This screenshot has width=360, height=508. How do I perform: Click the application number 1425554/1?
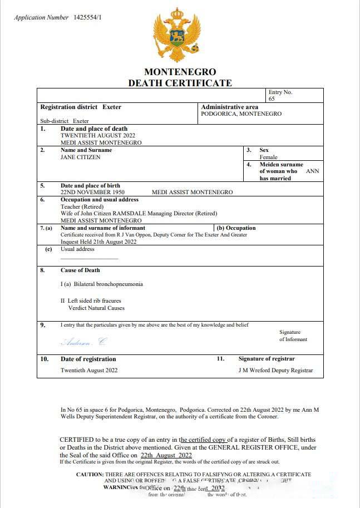click(x=88, y=18)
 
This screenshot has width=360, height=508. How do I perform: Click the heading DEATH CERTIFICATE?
click(x=180, y=83)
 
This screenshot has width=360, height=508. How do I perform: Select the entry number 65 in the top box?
click(x=272, y=99)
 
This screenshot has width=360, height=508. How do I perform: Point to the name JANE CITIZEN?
click(x=81, y=157)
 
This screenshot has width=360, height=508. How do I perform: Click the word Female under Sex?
click(x=268, y=157)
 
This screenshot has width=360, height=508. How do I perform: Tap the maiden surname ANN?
click(x=313, y=171)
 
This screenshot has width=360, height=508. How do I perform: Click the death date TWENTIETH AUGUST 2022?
click(x=97, y=135)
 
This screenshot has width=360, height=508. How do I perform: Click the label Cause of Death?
click(x=80, y=270)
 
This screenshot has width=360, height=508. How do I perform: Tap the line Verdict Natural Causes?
click(x=96, y=308)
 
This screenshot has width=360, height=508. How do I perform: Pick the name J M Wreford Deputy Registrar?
click(x=275, y=371)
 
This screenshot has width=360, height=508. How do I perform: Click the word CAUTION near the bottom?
click(x=90, y=474)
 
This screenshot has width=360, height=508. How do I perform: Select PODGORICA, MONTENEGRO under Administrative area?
click(x=241, y=114)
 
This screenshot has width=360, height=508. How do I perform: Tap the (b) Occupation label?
click(x=236, y=228)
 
